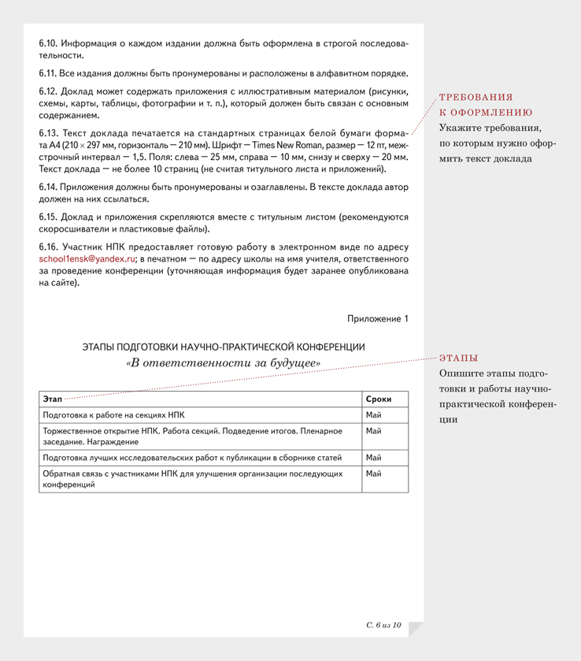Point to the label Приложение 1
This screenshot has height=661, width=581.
(x=378, y=318)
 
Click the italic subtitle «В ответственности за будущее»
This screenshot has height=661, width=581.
(x=223, y=363)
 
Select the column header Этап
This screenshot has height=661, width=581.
(x=53, y=399)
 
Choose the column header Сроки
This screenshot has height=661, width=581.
(x=379, y=399)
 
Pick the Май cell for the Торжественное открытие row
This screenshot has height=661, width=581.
(x=374, y=431)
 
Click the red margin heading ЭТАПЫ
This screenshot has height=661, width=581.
(x=458, y=358)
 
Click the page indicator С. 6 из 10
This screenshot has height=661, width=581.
(x=384, y=625)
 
